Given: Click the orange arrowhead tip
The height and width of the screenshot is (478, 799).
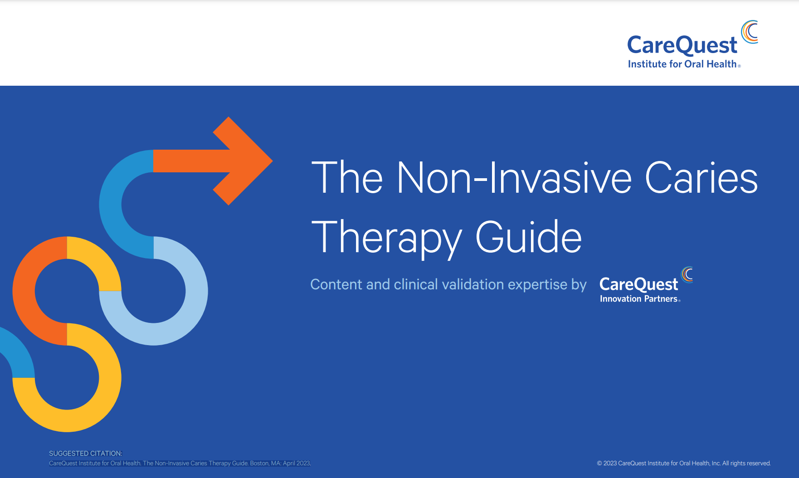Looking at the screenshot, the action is pos(272,161).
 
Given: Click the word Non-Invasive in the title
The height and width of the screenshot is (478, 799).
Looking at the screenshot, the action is pos(514,178).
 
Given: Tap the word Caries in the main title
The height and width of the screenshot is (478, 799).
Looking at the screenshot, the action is pos(701,178).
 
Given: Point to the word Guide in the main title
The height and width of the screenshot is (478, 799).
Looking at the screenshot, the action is pos(528,237).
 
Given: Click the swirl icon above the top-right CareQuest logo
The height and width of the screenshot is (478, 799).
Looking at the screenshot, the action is pos(750,32).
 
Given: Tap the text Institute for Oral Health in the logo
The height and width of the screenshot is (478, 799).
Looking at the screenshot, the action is pos(682,64).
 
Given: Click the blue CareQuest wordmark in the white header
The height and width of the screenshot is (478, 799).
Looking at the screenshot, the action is pos(682,45).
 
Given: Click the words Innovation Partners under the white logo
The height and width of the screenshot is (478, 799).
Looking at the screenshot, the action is pos(638,299).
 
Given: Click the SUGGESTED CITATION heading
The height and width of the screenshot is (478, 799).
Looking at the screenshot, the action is pos(86,454).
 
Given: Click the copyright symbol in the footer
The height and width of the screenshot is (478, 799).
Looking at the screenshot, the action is pos(599,463).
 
